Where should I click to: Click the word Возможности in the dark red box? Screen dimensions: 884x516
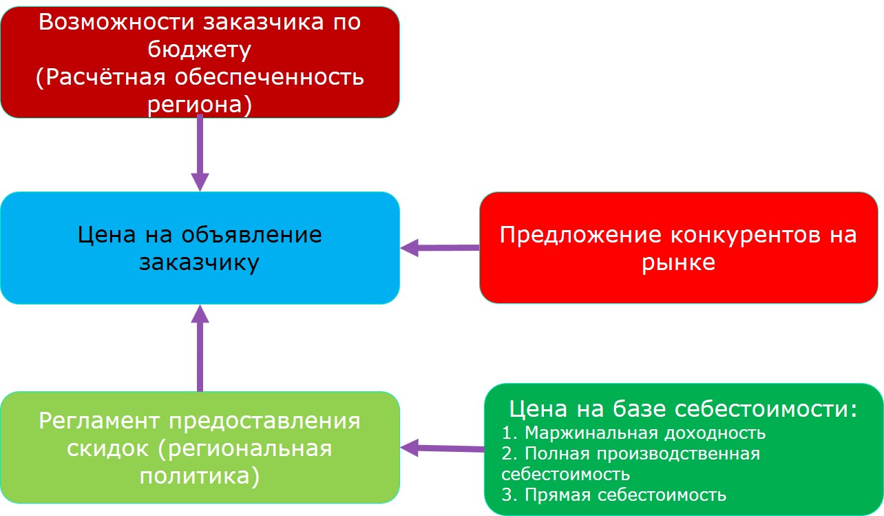click(x=117, y=22)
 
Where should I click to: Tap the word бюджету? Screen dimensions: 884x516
click(x=199, y=50)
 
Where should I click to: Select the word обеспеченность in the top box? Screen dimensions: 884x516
click(x=269, y=76)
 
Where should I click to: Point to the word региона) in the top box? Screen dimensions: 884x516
click(x=200, y=105)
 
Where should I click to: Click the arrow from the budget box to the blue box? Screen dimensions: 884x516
click(x=200, y=152)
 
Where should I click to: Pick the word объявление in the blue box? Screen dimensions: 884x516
click(x=251, y=234)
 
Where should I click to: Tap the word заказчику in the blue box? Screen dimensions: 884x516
click(x=199, y=263)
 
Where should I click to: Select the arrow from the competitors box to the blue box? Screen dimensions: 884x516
click(x=440, y=248)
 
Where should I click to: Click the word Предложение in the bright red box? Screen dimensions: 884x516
click(x=580, y=236)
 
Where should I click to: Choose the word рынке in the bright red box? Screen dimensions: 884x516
click(x=678, y=263)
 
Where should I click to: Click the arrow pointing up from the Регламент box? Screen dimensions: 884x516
click(x=200, y=348)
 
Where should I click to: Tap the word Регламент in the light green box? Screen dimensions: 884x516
click(x=99, y=421)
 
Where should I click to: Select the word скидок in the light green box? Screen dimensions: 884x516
click(x=107, y=448)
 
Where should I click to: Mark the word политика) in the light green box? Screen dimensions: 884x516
click(x=199, y=476)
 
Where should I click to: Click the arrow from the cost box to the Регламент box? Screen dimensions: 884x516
click(x=443, y=448)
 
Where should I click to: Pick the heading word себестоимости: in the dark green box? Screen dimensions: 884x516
click(x=766, y=409)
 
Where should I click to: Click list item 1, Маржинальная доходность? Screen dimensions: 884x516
click(x=633, y=433)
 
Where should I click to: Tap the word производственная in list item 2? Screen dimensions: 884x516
click(x=678, y=454)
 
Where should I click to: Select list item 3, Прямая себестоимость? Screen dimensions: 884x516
click(x=613, y=495)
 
